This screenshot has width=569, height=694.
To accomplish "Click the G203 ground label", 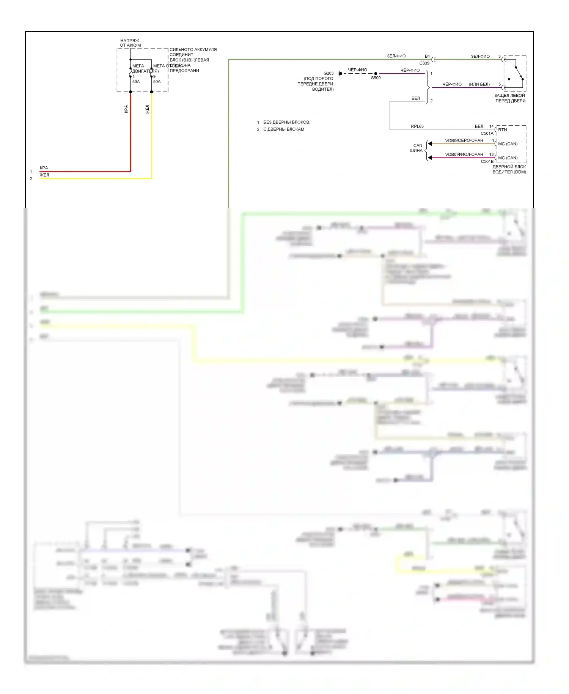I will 328,73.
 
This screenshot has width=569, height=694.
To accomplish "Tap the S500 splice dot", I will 376,74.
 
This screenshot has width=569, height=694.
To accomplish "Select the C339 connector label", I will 424,63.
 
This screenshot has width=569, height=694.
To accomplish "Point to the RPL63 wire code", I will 417,126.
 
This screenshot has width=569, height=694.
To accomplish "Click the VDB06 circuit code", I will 451,140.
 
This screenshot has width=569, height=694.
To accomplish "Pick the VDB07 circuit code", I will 451,155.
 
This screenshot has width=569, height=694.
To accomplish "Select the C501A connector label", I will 487,134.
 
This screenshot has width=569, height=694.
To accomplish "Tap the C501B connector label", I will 487,162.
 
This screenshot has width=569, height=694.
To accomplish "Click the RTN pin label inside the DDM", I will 502,130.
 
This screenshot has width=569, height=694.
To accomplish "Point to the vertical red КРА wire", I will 130,133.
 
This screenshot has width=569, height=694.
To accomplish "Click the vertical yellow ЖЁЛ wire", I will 151,137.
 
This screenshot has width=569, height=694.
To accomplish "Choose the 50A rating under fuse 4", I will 136,82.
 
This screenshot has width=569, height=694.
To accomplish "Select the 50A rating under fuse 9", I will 157,82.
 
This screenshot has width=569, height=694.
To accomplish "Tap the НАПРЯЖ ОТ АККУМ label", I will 130,43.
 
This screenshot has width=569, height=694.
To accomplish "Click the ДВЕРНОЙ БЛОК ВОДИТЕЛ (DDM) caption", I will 509,169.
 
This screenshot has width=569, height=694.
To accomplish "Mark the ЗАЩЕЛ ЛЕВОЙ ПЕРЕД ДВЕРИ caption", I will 510,98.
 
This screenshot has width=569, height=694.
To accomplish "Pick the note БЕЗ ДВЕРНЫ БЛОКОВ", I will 286,122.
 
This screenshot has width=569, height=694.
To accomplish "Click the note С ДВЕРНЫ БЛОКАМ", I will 284,129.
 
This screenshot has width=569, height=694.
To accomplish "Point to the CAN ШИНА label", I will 417,148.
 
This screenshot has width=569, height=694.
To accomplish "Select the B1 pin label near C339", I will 427,56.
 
